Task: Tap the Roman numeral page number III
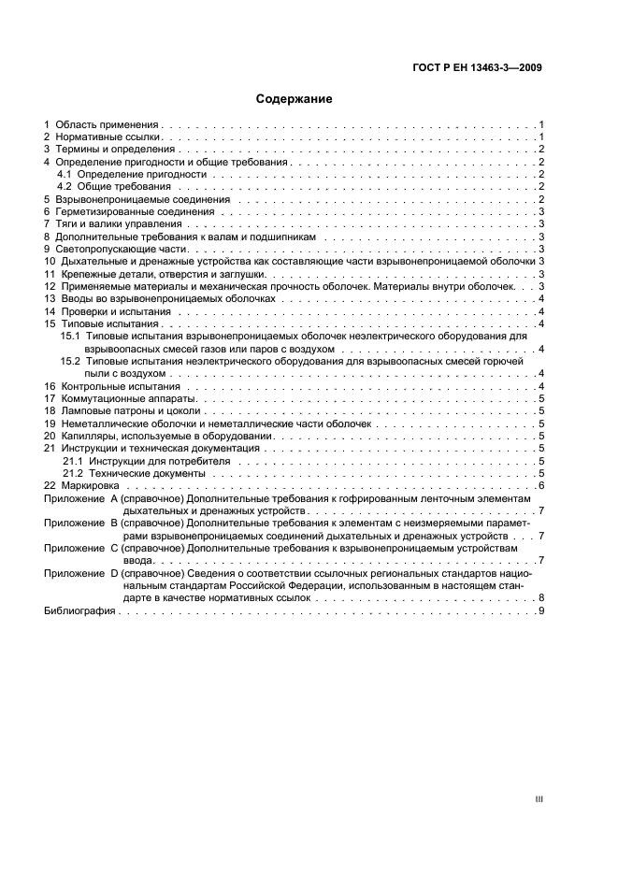(x=539, y=799)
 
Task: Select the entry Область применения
(x=108, y=124)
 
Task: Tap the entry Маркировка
(x=91, y=486)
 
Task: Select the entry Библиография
(x=79, y=610)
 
